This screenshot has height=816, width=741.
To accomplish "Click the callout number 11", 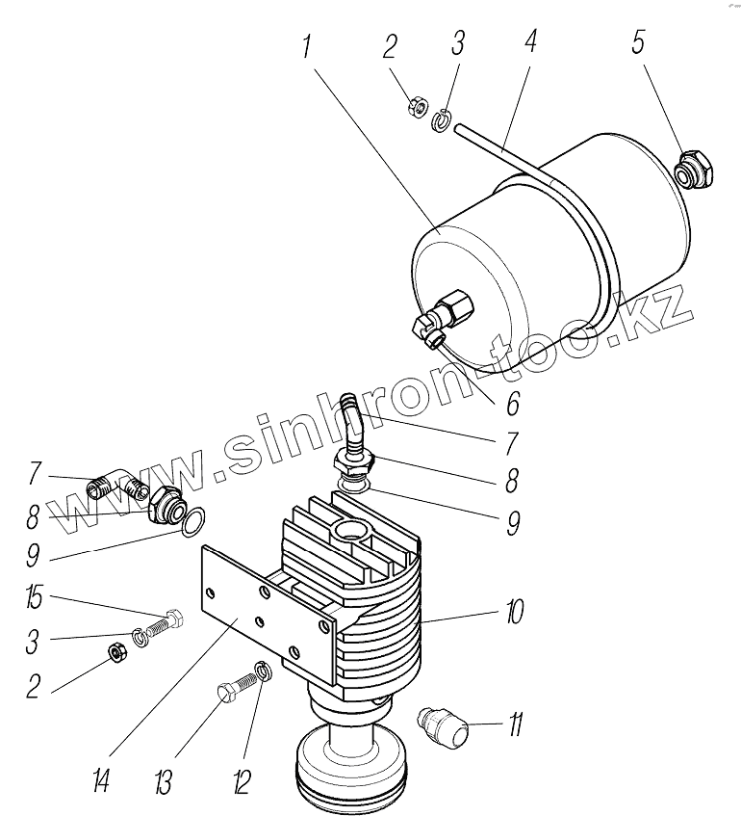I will pos(516,724).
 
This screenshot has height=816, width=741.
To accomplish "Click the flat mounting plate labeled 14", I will pos(260,607).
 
